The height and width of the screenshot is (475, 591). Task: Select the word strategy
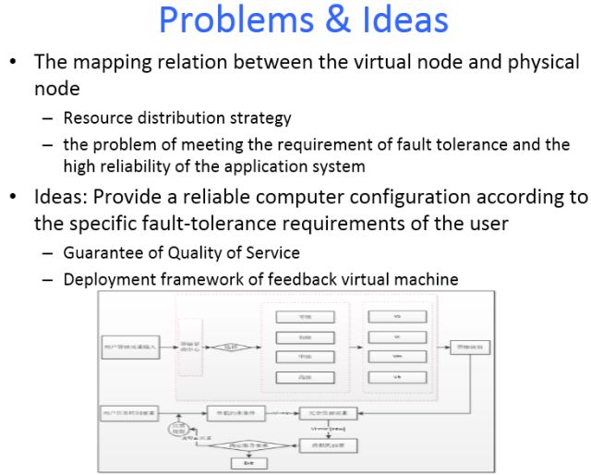pos(262,118)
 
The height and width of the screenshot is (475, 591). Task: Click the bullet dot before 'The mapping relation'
pos(14,64)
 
